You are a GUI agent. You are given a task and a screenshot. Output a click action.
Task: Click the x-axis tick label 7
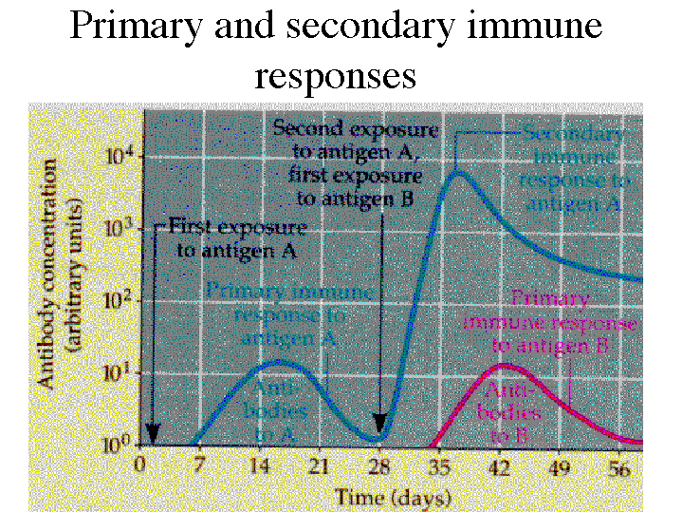click(200, 465)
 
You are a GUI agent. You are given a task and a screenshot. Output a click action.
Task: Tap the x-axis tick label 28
click(380, 465)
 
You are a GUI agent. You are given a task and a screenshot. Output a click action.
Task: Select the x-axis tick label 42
click(502, 465)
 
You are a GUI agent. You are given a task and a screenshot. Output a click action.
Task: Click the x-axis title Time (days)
click(393, 496)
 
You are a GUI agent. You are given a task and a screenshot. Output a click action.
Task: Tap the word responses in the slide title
click(336, 74)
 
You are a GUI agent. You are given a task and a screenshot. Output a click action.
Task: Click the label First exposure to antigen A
click(237, 239)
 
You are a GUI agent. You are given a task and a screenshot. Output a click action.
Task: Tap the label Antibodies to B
click(512, 413)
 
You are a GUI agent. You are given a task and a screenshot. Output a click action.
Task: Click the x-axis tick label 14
click(260, 465)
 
